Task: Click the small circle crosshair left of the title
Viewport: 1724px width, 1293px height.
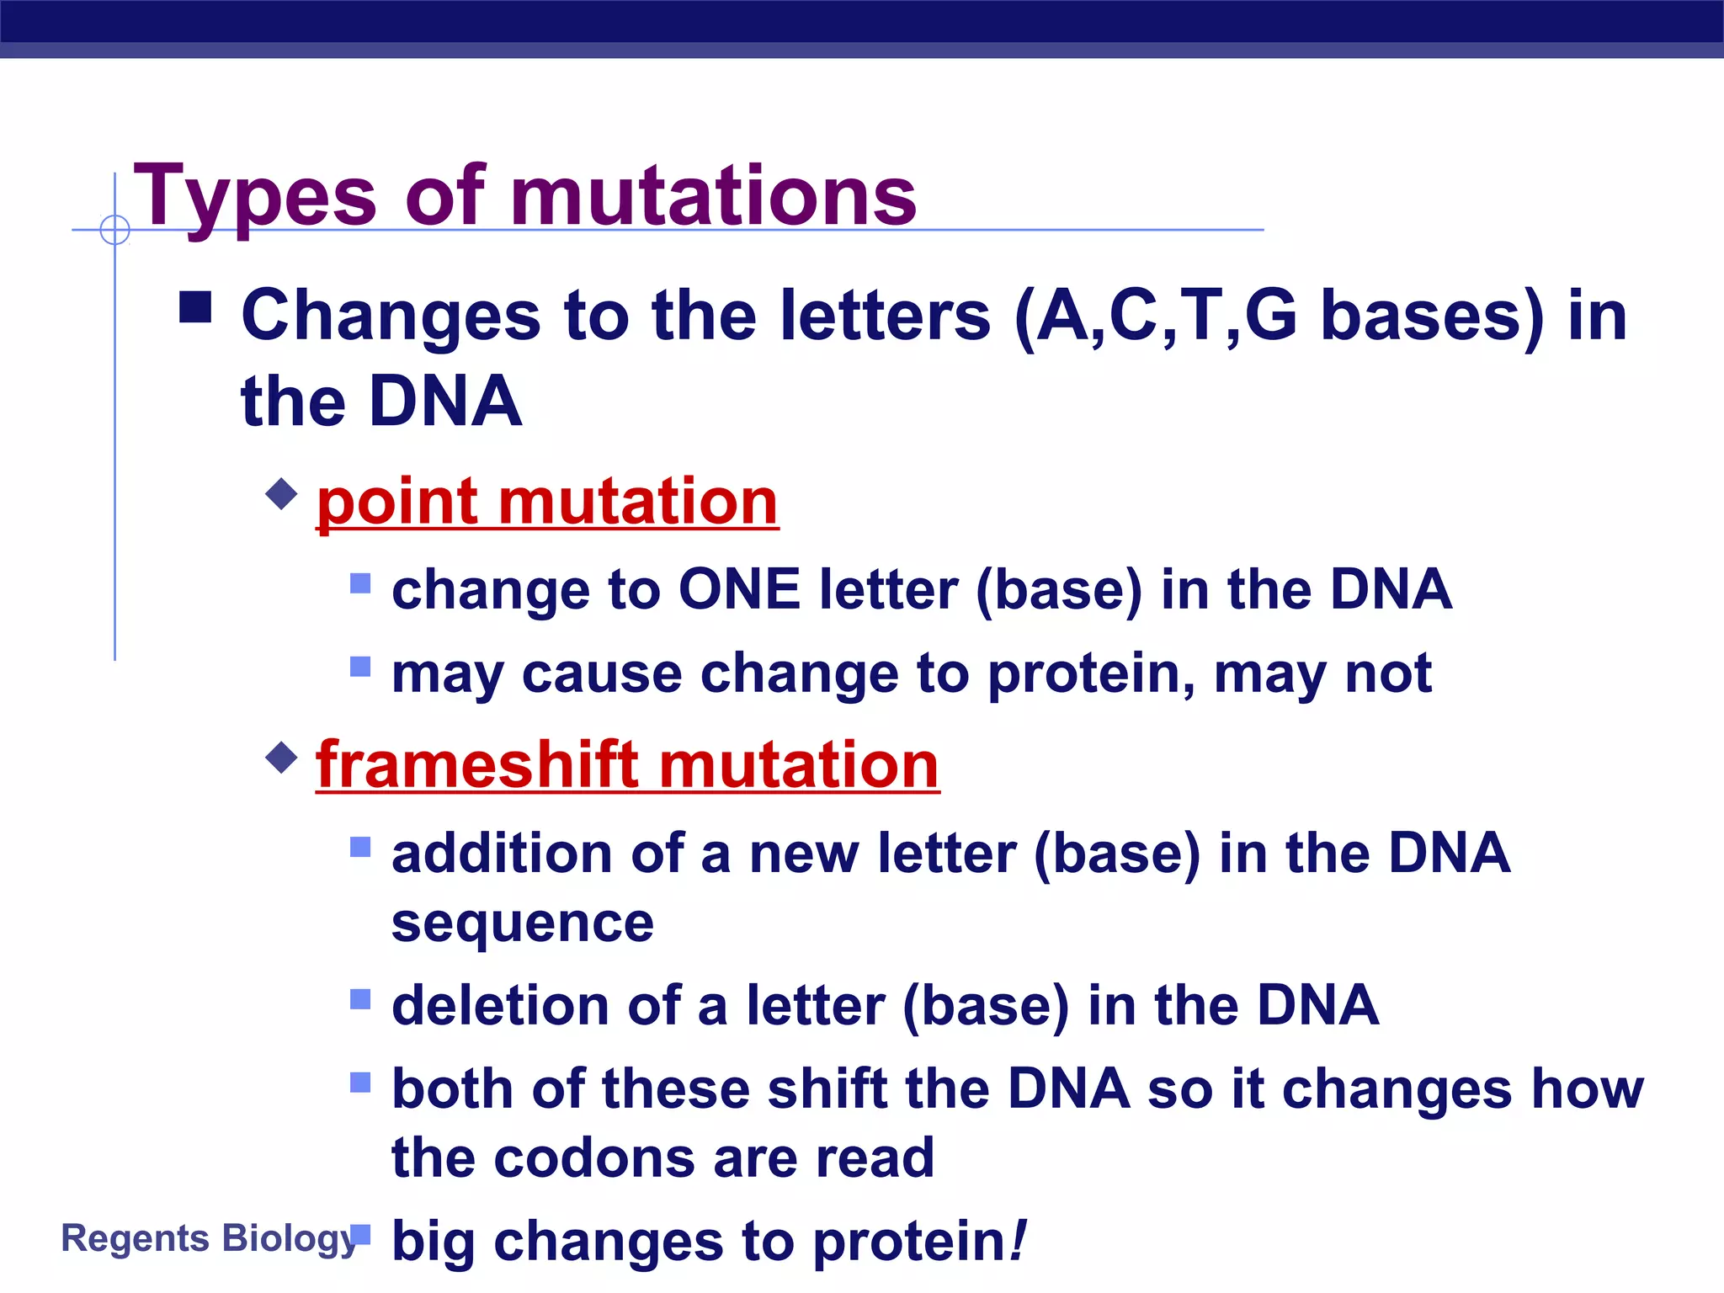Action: pyautogui.click(x=115, y=229)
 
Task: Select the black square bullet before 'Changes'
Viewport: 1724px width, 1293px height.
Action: pyautogui.click(x=195, y=308)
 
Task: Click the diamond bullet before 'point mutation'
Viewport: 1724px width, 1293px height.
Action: pyautogui.click(x=281, y=494)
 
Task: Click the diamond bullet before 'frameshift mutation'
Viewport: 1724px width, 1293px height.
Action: pyautogui.click(x=281, y=757)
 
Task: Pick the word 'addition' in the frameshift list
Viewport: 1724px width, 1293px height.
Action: pyautogui.click(x=502, y=853)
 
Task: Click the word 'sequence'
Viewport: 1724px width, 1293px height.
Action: pyautogui.click(x=522, y=923)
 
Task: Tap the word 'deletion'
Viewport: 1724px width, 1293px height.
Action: pyautogui.click(x=500, y=1005)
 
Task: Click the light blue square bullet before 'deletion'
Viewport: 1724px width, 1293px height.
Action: pyautogui.click(x=360, y=999)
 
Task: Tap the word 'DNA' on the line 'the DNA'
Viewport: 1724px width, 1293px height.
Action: pyautogui.click(x=445, y=402)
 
